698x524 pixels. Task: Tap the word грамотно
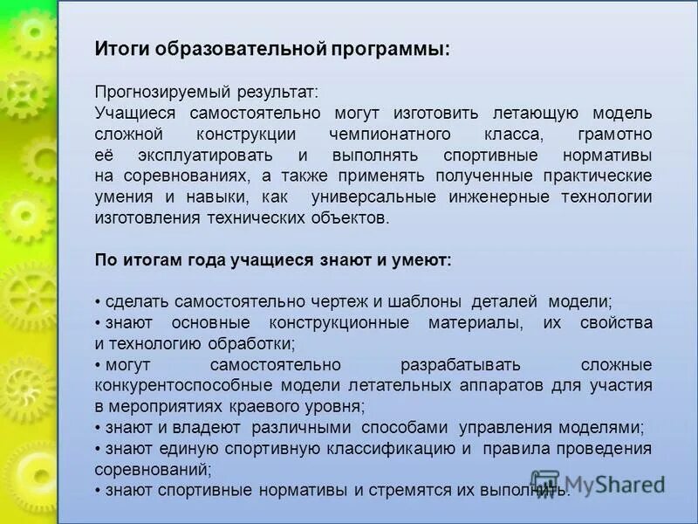click(614, 134)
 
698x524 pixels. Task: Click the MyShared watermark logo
click(598, 483)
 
